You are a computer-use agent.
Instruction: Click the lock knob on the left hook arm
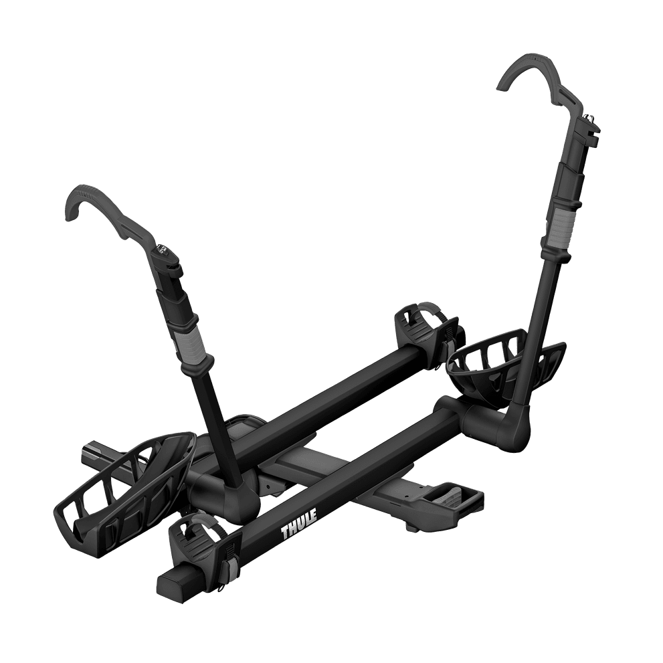[164, 251]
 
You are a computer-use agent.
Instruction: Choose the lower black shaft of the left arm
[213, 421]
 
